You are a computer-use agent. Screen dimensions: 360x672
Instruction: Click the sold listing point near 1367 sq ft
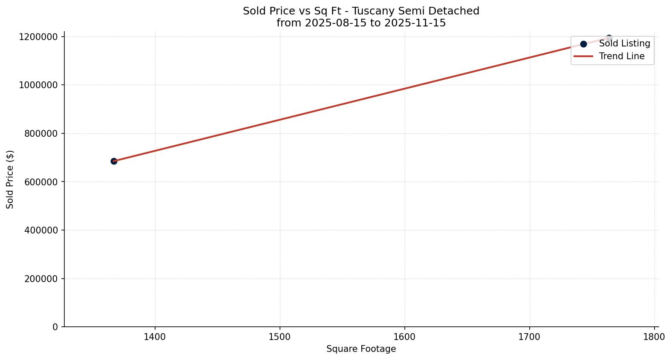[114, 161]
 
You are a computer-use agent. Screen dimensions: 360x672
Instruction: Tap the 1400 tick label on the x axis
[155, 337]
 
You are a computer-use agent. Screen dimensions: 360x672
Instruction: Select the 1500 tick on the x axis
[280, 337]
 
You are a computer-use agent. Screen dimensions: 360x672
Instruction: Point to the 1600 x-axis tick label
[404, 337]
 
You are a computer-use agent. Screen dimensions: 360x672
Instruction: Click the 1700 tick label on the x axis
[529, 337]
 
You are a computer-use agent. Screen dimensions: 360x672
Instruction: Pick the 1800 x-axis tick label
[654, 337]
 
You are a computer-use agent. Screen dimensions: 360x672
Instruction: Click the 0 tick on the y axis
[55, 327]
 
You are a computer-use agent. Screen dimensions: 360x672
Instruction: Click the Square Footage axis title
[361, 349]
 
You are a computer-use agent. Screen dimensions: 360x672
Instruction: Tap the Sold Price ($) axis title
[10, 179]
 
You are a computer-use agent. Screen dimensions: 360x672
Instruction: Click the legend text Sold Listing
[624, 43]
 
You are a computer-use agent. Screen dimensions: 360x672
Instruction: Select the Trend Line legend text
[622, 56]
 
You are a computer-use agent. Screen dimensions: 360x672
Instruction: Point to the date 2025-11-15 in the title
[415, 23]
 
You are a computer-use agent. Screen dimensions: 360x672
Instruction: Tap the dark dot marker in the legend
[583, 44]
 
